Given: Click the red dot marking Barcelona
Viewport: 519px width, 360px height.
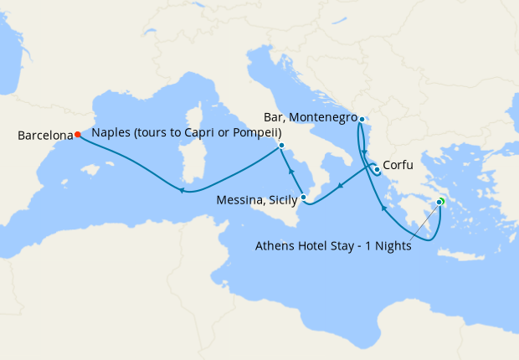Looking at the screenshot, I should [77, 134].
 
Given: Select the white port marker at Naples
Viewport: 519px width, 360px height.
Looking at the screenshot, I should [281, 146].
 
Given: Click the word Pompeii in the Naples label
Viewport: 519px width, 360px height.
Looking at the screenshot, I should [255, 133].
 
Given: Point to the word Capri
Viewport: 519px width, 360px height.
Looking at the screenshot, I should [203, 133].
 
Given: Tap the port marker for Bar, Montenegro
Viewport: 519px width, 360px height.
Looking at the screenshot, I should [362, 119].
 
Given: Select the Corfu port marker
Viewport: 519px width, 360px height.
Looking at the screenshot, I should [377, 171].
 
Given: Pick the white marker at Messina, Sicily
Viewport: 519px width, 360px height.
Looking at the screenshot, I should [304, 198].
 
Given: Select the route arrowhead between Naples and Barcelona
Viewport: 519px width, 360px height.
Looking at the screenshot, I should [180, 190].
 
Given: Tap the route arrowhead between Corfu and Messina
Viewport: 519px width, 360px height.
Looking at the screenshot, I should [339, 187].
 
